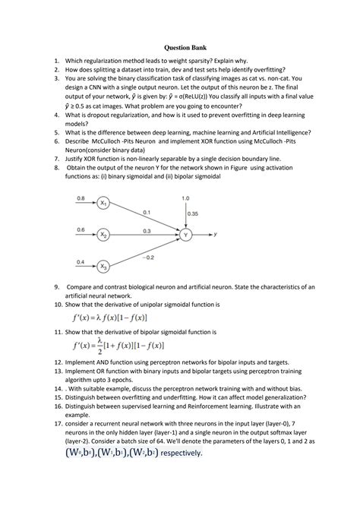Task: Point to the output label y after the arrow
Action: click(x=216, y=236)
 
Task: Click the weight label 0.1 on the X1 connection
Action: click(x=146, y=212)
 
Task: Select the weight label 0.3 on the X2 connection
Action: click(x=146, y=230)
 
